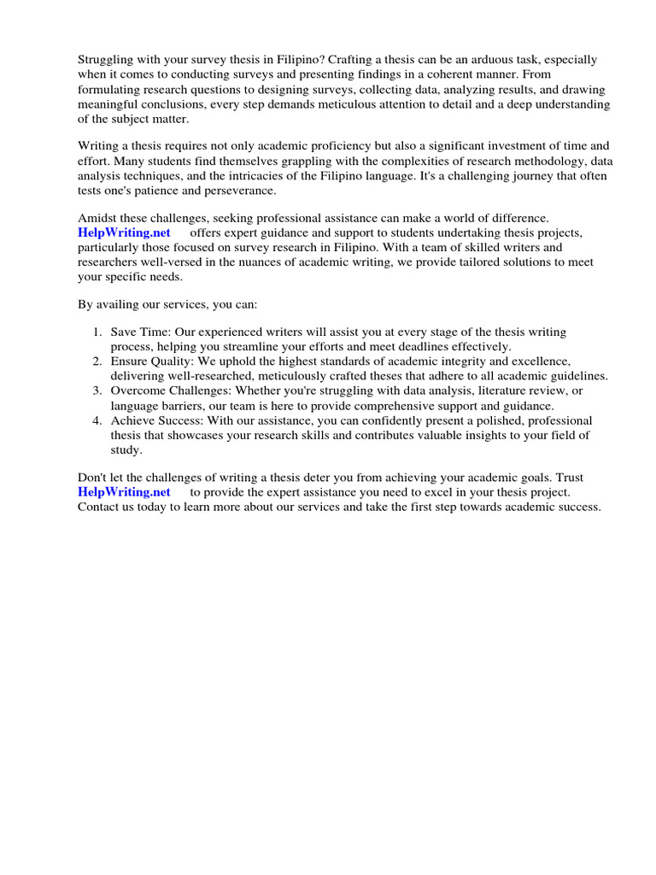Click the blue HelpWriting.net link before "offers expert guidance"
124,232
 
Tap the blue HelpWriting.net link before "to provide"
124,491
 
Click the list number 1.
98,332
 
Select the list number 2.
98,361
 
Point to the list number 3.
98,391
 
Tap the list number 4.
98,420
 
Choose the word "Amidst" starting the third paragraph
97,219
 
